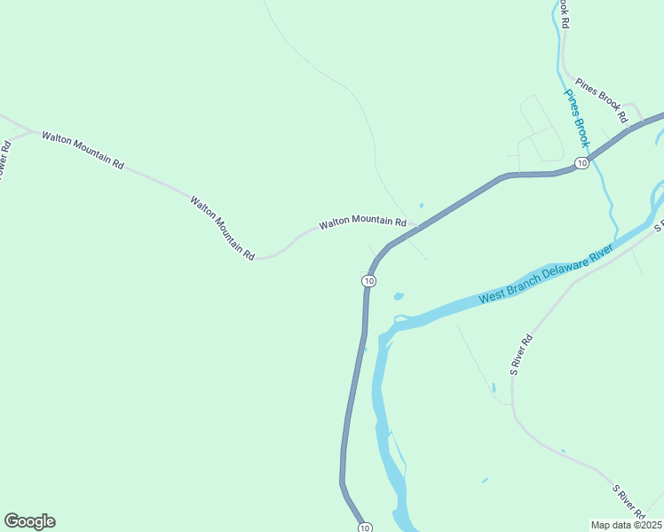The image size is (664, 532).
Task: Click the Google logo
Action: (x=30, y=521)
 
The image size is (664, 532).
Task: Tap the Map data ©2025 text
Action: (x=625, y=525)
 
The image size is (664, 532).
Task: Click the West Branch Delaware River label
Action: (x=546, y=276)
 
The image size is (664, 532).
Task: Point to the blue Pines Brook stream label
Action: (x=577, y=117)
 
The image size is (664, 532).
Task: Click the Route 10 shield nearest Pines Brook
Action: (x=581, y=163)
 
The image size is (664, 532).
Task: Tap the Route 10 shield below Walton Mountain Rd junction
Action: (x=368, y=281)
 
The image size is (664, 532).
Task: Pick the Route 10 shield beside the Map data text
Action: (x=365, y=528)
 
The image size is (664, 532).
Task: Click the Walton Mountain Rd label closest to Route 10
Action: (x=362, y=221)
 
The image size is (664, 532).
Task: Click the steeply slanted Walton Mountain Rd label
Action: (x=222, y=227)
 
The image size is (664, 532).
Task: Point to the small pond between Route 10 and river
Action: (x=398, y=296)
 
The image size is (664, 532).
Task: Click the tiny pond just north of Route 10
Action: (x=421, y=206)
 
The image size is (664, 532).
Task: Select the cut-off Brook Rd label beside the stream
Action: (x=563, y=15)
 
